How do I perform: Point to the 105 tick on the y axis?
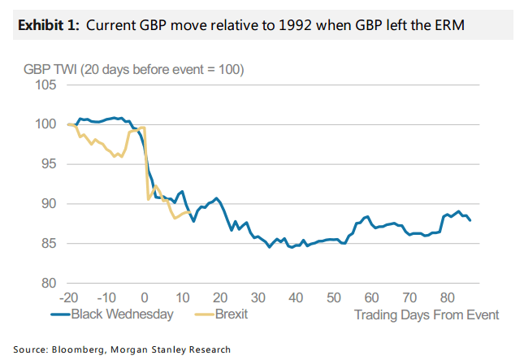(x=45, y=85)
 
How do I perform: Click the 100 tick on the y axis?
(x=45, y=124)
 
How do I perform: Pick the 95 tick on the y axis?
(x=48, y=164)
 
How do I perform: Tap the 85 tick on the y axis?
(x=48, y=243)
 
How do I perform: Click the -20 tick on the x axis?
(x=69, y=296)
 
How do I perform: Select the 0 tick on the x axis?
(x=145, y=296)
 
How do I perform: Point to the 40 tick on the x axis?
(x=296, y=296)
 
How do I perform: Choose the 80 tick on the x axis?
(x=447, y=296)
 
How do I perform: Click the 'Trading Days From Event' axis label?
(x=427, y=314)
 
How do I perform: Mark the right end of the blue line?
(x=470, y=220)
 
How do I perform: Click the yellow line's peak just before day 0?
(x=142, y=128)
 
